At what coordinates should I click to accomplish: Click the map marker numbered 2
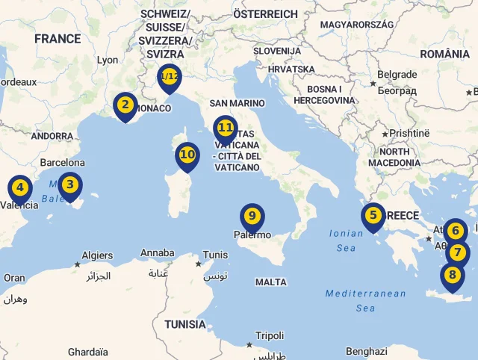pyautogui.click(x=125, y=105)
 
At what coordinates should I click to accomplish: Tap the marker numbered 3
pyautogui.click(x=69, y=184)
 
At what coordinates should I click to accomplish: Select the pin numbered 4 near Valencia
pyautogui.click(x=20, y=188)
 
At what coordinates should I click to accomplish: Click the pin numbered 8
pyautogui.click(x=452, y=275)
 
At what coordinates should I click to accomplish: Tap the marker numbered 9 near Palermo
pyautogui.click(x=252, y=216)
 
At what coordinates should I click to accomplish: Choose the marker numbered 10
pyautogui.click(x=187, y=155)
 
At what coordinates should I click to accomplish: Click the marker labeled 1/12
pyautogui.click(x=170, y=76)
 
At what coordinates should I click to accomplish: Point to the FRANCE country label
pyautogui.click(x=58, y=38)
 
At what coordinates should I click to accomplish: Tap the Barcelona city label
pyautogui.click(x=63, y=162)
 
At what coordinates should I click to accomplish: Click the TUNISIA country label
pyautogui.click(x=185, y=324)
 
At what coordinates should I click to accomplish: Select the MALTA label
pyautogui.click(x=270, y=282)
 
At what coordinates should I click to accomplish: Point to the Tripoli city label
pyautogui.click(x=270, y=335)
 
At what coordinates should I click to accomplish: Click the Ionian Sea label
pyautogui.click(x=347, y=240)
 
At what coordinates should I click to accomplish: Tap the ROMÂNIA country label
pyautogui.click(x=445, y=54)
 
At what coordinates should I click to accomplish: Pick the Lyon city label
pyautogui.click(x=108, y=60)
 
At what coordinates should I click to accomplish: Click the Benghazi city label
pyautogui.click(x=367, y=351)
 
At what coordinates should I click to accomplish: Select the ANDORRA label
pyautogui.click(x=52, y=136)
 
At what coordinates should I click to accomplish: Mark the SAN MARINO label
pyautogui.click(x=237, y=103)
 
